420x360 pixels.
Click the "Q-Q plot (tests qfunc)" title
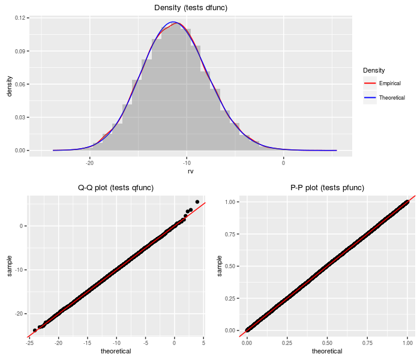(x=116, y=188)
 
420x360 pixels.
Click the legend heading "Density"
(x=374, y=70)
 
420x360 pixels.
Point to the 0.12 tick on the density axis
(x=20, y=18)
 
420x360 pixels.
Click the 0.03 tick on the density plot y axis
(x=20, y=117)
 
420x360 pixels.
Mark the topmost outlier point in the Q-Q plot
(x=197, y=202)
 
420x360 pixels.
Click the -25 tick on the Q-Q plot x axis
(x=29, y=343)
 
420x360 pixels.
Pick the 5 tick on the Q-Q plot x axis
(x=203, y=343)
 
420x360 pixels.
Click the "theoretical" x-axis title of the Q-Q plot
(x=116, y=352)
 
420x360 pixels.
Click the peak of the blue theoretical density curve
(x=173, y=22)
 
